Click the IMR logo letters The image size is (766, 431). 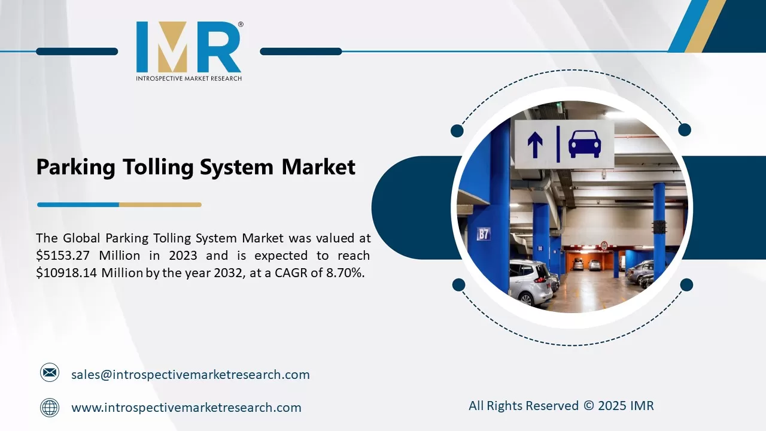[189, 47]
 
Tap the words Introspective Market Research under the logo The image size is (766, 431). [189, 78]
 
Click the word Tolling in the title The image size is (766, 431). [159, 167]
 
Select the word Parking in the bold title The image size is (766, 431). [75, 167]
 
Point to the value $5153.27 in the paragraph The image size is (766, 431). [63, 256]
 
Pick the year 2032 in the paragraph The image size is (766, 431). [228, 273]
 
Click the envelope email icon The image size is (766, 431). [50, 372]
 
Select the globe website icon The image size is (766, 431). [50, 408]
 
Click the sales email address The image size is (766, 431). [190, 375]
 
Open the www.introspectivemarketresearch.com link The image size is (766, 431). [186, 408]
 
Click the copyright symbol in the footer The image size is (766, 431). [588, 406]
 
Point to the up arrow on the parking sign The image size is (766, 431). [535, 145]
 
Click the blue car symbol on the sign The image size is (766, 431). [585, 144]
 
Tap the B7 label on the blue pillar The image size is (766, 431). [484, 234]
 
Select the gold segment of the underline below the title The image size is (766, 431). [160, 205]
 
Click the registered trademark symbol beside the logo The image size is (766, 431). [241, 25]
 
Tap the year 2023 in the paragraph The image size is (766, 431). [183, 256]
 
